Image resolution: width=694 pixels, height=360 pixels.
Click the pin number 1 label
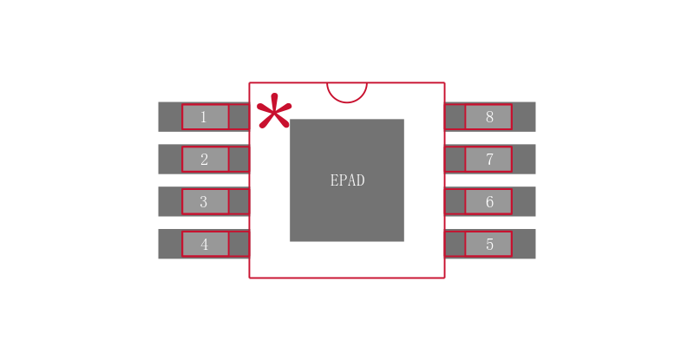click(x=204, y=117)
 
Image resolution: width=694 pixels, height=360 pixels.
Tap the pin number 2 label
click(x=204, y=160)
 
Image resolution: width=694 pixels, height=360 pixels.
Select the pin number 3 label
click(x=204, y=202)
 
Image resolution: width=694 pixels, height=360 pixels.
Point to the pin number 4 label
click(x=204, y=245)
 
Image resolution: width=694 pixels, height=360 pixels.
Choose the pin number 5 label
click(x=489, y=245)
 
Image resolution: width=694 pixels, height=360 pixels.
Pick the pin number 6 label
click(x=489, y=202)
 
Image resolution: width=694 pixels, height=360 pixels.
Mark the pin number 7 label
click(x=489, y=160)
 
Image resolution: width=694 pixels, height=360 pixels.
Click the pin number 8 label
click(x=489, y=117)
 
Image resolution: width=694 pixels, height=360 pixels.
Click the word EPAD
click(x=347, y=180)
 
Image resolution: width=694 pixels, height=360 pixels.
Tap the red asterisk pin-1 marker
click(x=274, y=113)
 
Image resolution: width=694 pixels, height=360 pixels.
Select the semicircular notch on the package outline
click(x=347, y=91)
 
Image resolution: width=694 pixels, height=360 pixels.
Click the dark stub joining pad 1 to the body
click(x=239, y=117)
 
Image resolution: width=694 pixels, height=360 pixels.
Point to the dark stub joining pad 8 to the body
click(x=455, y=117)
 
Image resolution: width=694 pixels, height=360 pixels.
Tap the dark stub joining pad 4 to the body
click(x=239, y=244)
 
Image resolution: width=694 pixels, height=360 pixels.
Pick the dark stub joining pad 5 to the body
click(x=455, y=244)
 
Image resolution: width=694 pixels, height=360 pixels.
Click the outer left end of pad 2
click(x=169, y=160)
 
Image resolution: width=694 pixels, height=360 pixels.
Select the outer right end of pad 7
click(x=524, y=160)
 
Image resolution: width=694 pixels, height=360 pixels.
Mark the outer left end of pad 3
click(x=169, y=202)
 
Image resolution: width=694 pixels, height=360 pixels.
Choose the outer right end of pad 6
click(x=524, y=202)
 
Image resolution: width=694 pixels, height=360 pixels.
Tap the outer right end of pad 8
click(x=524, y=117)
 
